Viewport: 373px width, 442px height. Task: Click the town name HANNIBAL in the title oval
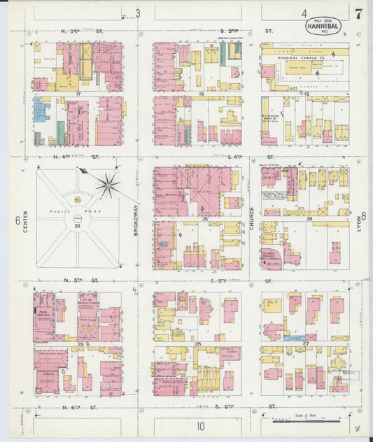(x=323, y=26)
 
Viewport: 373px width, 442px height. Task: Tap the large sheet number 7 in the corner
(x=358, y=13)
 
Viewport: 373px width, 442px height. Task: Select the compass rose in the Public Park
(x=108, y=185)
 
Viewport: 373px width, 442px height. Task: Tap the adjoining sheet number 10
(x=200, y=425)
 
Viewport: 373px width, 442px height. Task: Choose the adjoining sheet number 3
(x=138, y=13)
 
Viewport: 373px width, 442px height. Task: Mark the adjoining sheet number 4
(x=304, y=13)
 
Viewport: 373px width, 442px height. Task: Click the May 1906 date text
(x=322, y=19)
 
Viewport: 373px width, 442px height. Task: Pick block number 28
(x=198, y=344)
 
